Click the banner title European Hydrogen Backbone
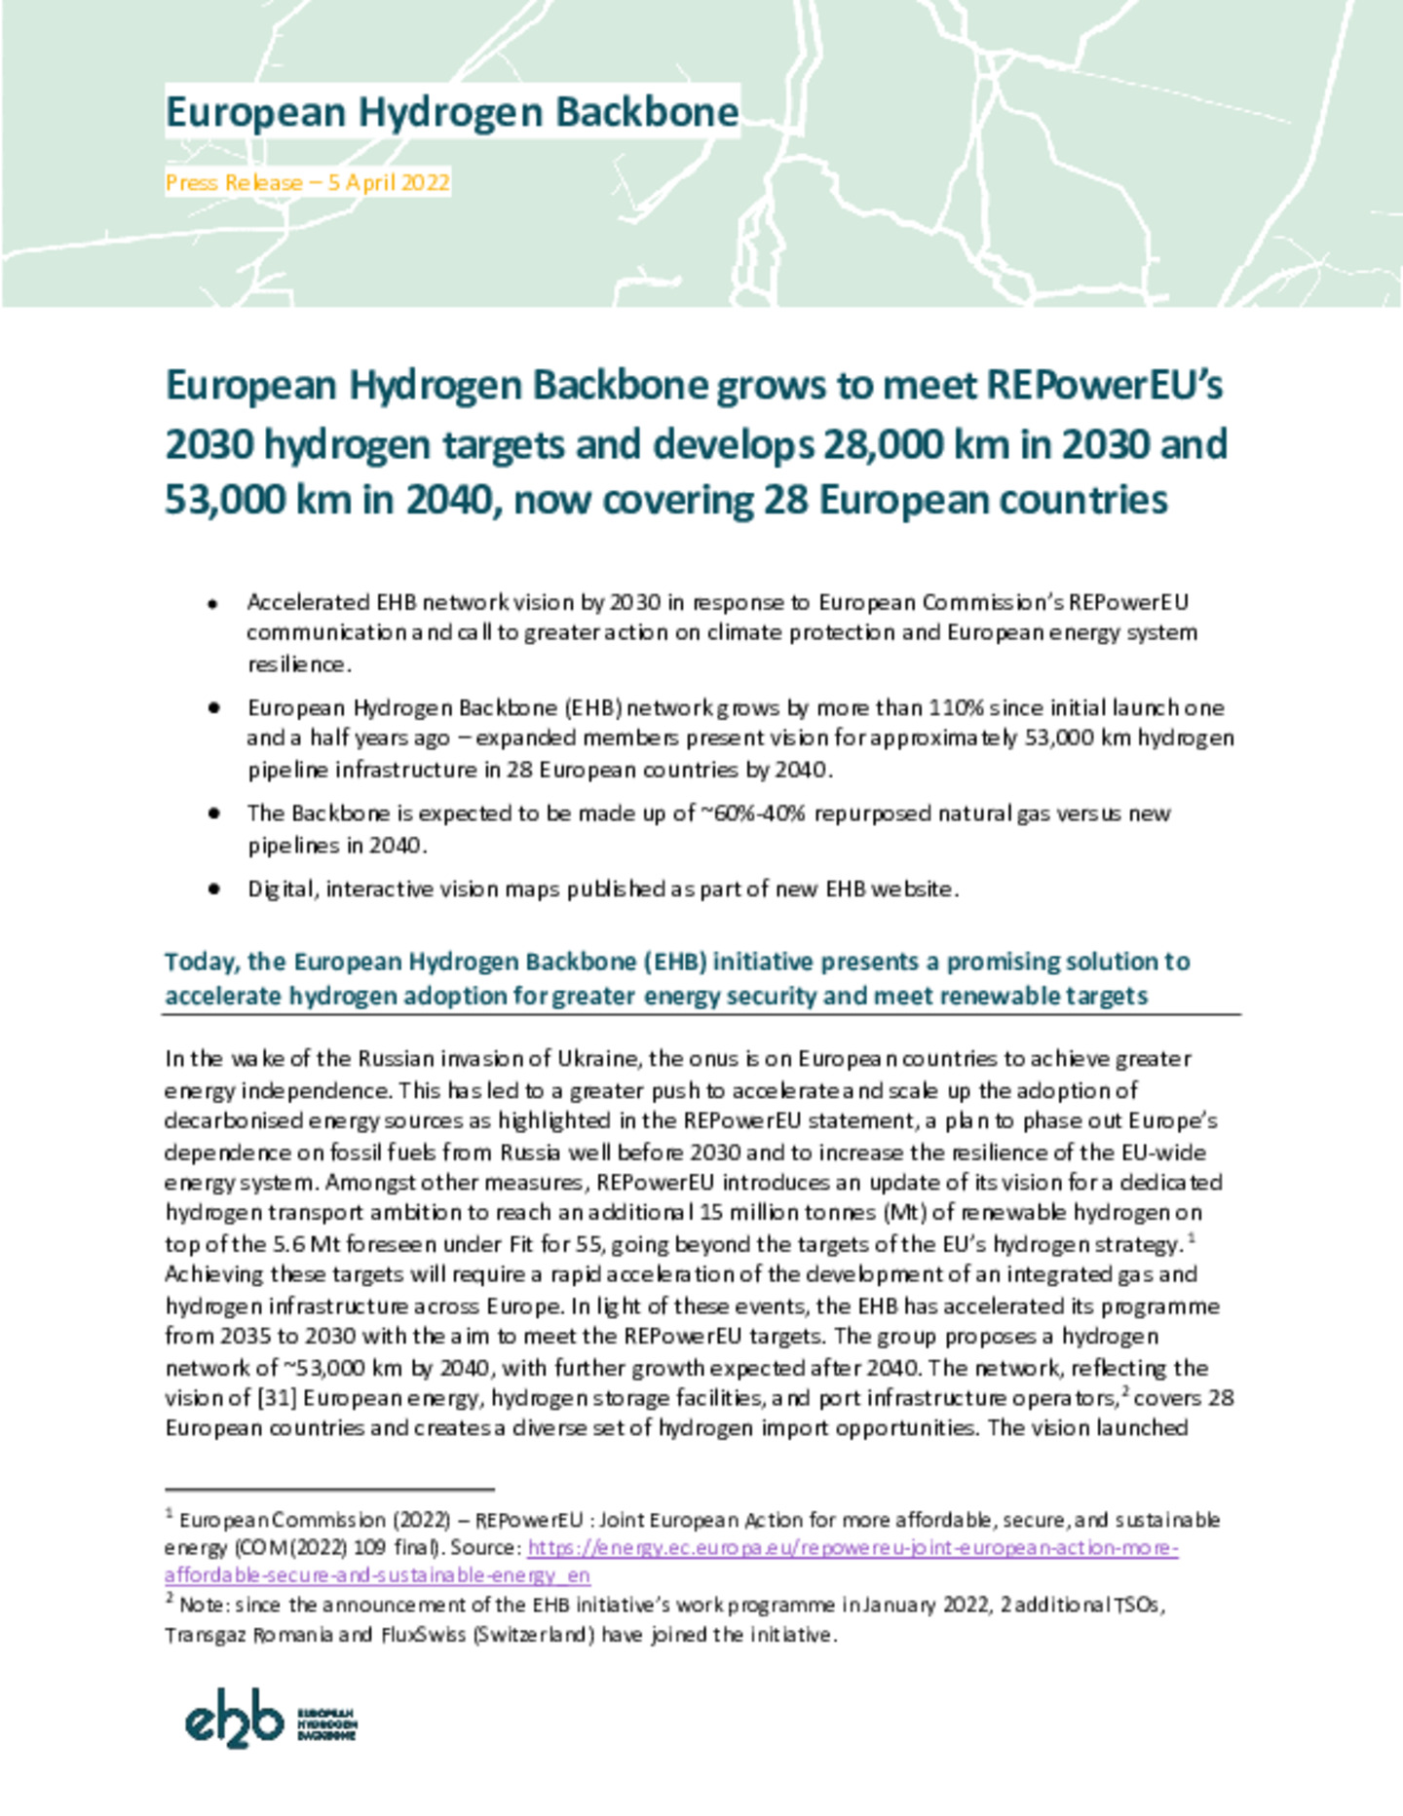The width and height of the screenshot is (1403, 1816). [452, 112]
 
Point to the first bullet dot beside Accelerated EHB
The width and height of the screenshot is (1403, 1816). [212, 605]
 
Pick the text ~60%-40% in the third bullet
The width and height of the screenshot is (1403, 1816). [752, 813]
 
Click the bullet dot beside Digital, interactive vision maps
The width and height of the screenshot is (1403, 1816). [212, 889]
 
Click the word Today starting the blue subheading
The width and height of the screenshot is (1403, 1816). [202, 963]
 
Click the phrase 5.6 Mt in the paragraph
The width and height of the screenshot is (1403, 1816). [303, 1245]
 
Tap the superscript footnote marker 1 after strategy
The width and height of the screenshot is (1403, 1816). [1193, 1239]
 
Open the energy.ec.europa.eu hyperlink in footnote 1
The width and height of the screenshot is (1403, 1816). [853, 1548]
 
